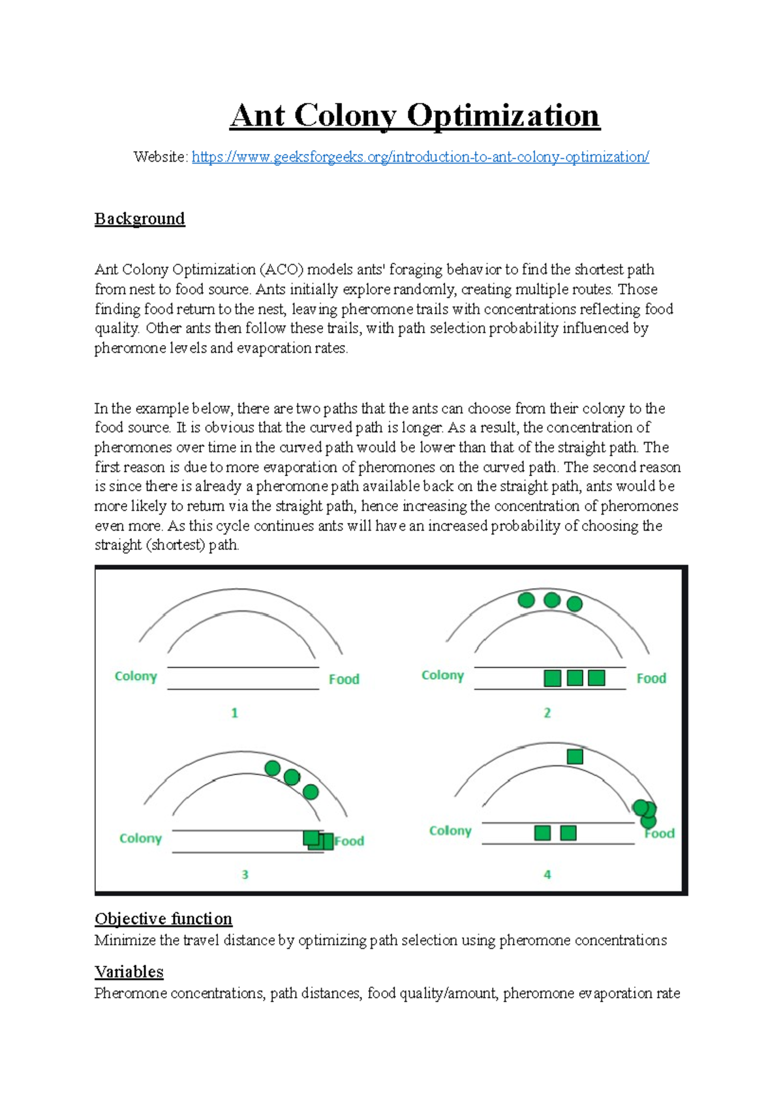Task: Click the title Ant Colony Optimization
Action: [x=414, y=116]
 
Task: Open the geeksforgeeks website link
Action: [x=420, y=157]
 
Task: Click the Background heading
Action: [x=140, y=218]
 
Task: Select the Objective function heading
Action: [x=163, y=919]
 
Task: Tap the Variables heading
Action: [x=129, y=972]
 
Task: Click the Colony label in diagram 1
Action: [x=136, y=676]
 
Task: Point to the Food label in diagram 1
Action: [x=344, y=680]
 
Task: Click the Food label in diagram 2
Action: [x=651, y=678]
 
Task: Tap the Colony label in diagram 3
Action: [x=140, y=839]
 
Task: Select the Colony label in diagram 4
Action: [x=450, y=831]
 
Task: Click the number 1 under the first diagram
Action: [x=234, y=713]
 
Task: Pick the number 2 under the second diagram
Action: [x=547, y=713]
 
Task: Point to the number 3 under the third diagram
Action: [x=245, y=874]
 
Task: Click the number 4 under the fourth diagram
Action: [x=547, y=874]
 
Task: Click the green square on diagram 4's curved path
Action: [x=575, y=756]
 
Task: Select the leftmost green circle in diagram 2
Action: [x=526, y=600]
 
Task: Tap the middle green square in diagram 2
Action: [x=575, y=678]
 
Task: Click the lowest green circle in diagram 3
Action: [x=311, y=792]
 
